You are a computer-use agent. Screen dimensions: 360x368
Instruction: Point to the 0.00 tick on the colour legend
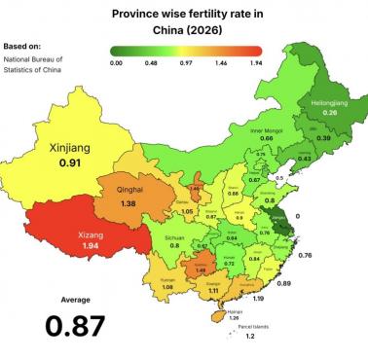(116, 61)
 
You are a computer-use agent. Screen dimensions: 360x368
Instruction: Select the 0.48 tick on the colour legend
(152, 61)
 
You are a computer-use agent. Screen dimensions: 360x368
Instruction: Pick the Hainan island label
(234, 309)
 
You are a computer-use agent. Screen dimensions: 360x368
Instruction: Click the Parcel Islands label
(253, 327)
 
